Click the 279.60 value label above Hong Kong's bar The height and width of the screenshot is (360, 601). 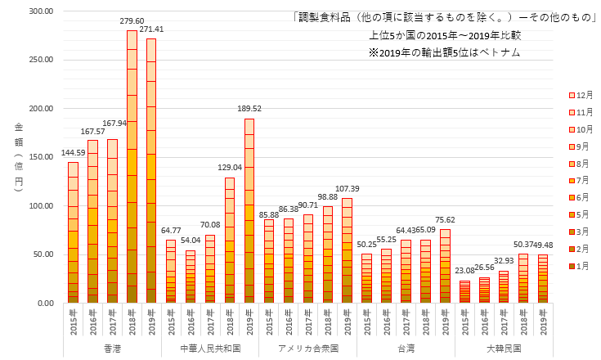coord(132,21)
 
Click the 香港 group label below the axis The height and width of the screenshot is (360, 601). coord(111,348)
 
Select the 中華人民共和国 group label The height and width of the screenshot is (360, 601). coord(209,348)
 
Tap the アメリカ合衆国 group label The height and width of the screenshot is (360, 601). coord(307,348)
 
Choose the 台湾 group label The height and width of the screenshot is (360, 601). coord(406,348)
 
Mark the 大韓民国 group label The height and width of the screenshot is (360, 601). coord(503,348)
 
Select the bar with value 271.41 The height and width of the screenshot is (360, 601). coord(151,172)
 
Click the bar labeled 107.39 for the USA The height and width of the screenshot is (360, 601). coord(347,250)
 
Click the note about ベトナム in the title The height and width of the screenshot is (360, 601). coord(444,52)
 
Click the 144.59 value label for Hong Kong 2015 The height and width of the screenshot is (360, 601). coord(73,152)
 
